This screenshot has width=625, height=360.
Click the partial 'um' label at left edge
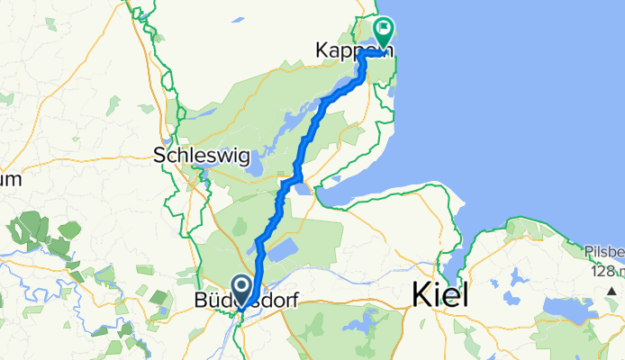(x=10, y=179)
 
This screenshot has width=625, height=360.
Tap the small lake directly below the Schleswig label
(x=255, y=166)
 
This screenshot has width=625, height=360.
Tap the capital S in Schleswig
(x=161, y=155)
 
